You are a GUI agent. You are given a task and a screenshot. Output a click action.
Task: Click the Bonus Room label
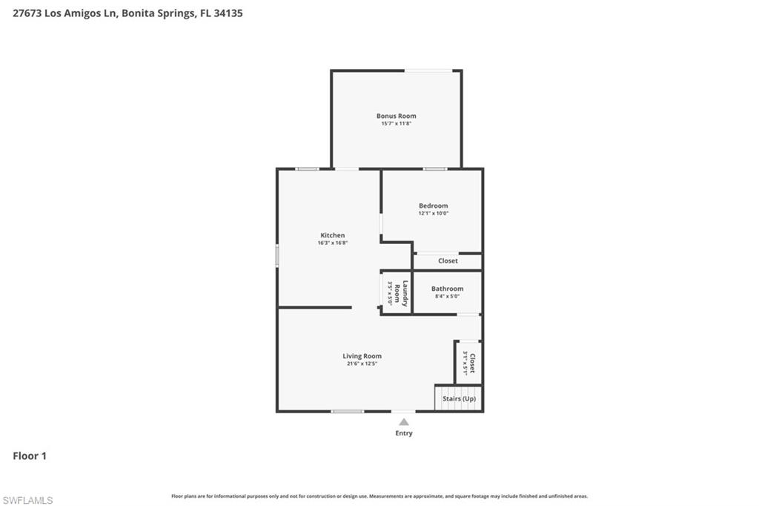click(x=396, y=116)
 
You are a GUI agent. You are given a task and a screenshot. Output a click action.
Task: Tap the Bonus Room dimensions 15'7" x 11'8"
click(x=396, y=124)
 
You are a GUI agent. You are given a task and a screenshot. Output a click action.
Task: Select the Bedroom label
click(x=433, y=206)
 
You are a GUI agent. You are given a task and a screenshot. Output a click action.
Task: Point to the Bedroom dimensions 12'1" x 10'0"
click(x=433, y=214)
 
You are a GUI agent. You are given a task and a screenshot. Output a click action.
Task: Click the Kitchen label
click(x=332, y=235)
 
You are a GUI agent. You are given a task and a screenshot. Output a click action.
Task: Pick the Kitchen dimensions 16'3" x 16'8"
click(x=332, y=243)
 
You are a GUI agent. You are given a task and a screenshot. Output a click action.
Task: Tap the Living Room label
click(x=362, y=356)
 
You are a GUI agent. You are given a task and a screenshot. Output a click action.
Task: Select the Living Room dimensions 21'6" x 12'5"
click(x=362, y=364)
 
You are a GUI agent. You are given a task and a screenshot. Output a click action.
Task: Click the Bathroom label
click(x=447, y=289)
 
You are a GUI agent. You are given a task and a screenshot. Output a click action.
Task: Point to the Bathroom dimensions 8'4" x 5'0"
click(x=447, y=297)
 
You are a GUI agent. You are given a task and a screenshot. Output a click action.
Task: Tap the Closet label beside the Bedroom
click(x=448, y=261)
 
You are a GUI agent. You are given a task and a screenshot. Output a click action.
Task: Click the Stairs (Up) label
click(x=459, y=399)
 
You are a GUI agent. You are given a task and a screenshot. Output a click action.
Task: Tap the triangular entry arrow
click(x=403, y=421)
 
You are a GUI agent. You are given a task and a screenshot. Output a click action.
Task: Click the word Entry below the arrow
click(x=403, y=433)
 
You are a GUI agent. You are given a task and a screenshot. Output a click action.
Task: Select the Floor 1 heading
click(x=30, y=456)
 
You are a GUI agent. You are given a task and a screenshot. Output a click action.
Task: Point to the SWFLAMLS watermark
click(x=27, y=501)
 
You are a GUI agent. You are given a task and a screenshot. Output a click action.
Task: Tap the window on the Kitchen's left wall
click(x=277, y=256)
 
